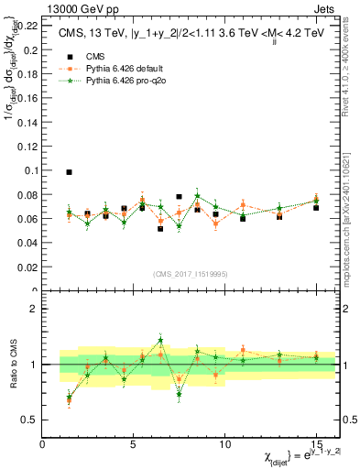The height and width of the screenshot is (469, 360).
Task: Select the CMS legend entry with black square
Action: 82,54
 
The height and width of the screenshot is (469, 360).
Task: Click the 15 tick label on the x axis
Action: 316,443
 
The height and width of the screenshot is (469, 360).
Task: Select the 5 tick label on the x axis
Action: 134,443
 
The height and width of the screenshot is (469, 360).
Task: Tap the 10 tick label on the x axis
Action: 224,443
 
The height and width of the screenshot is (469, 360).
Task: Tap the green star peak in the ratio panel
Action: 160,340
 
